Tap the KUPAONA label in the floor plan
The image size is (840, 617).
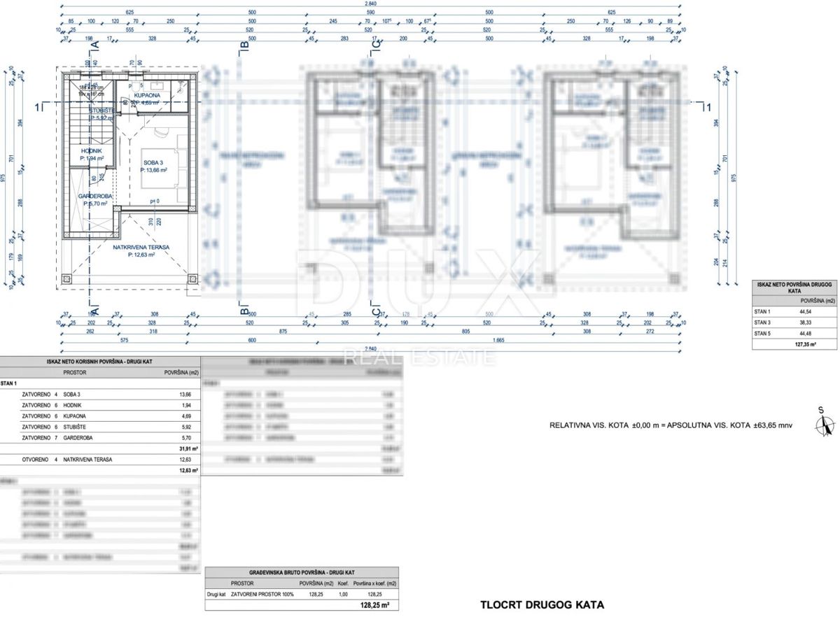tap(148, 95)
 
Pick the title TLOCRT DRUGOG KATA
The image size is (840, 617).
tap(542, 604)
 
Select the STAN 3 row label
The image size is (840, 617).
tap(762, 322)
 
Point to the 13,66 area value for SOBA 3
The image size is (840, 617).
tap(185, 395)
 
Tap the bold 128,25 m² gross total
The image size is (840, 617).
tap(374, 606)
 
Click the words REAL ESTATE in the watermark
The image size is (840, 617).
tap(419, 358)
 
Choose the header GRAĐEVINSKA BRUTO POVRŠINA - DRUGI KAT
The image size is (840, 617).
tap(302, 572)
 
